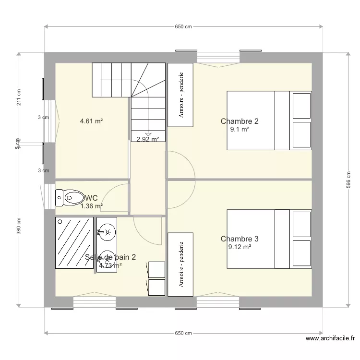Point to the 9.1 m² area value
pyautogui.click(x=240, y=129)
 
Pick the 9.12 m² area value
pyautogui.click(x=240, y=247)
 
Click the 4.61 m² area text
pyautogui.click(x=91, y=121)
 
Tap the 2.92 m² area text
pyautogui.click(x=147, y=140)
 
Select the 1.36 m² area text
pyautogui.click(x=91, y=206)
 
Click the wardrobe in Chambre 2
pyautogui.click(x=180, y=95)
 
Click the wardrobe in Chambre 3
pyautogui.click(x=180, y=264)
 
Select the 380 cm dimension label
pyautogui.click(x=19, y=227)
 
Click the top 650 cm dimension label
pyautogui.click(x=183, y=27)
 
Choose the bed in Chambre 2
pyautogui.click(x=269, y=120)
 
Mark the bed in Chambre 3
pyautogui.click(x=269, y=239)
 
